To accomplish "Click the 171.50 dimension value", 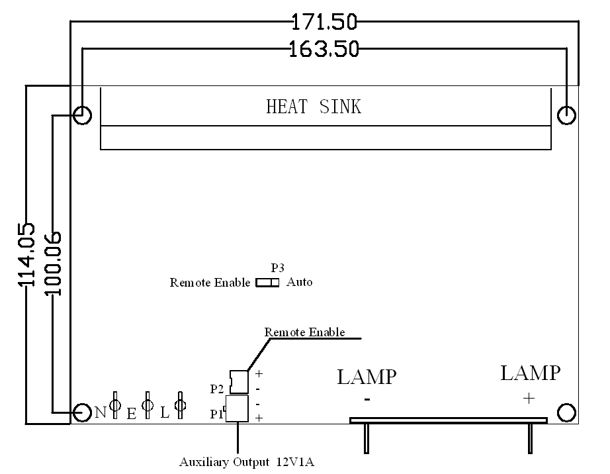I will click(x=324, y=23).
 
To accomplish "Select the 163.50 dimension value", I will click(x=324, y=49).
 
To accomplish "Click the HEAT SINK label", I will click(x=314, y=107).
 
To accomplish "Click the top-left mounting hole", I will click(x=82, y=115).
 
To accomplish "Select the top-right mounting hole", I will click(x=566, y=115).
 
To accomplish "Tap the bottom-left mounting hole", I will click(x=82, y=413).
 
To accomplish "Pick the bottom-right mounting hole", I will click(x=566, y=413).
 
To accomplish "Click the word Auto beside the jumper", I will click(x=299, y=283).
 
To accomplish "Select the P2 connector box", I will click(x=238, y=381).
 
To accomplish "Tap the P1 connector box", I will click(x=237, y=408).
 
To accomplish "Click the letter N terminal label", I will click(x=100, y=413).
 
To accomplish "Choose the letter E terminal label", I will click(x=131, y=414).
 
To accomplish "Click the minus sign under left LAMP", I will click(x=367, y=399).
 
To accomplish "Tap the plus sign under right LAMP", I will click(x=529, y=398).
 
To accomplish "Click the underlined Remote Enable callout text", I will click(x=304, y=332).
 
